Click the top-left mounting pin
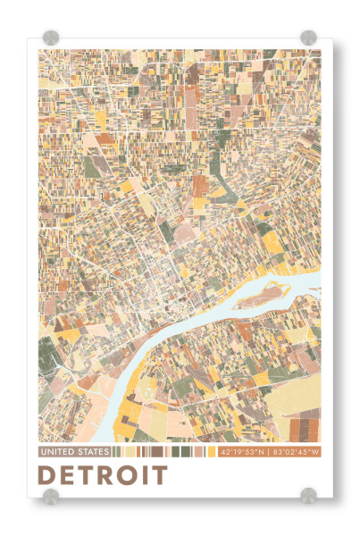(51, 38)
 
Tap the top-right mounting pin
(308, 38)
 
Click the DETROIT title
(104, 474)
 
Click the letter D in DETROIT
(48, 474)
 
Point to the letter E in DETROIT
(68, 474)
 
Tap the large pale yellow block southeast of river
(286, 402)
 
